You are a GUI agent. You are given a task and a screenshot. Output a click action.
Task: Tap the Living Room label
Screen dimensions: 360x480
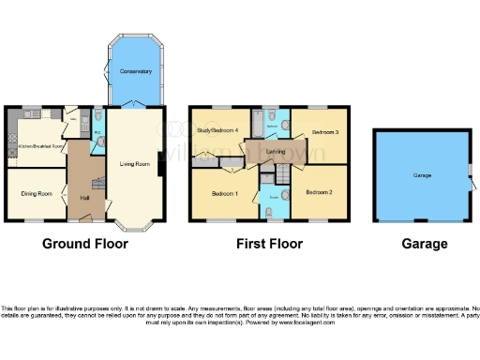135,165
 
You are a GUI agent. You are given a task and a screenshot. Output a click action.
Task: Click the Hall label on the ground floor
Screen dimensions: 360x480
84,198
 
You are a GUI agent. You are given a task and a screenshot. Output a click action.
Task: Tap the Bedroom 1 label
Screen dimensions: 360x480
222,193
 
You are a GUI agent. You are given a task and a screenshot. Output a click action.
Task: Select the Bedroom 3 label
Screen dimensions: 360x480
324,132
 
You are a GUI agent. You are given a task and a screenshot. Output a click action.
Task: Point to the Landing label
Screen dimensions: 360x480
276,151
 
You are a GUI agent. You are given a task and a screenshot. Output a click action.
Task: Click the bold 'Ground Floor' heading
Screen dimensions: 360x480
85,244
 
